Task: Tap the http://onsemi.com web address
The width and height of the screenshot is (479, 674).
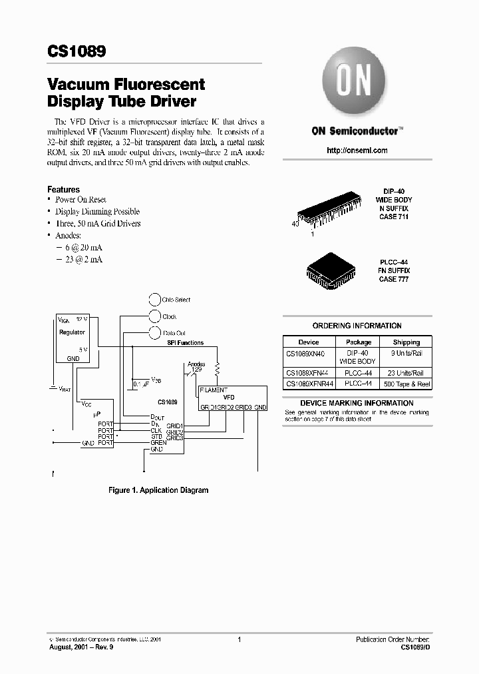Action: pyautogui.click(x=357, y=151)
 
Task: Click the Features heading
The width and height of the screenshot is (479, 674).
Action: pyautogui.click(x=63, y=189)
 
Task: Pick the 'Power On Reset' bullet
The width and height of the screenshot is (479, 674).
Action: pyautogui.click(x=80, y=200)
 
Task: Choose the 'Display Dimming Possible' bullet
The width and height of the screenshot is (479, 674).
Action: pyautogui.click(x=97, y=211)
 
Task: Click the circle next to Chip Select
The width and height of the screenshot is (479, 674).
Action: pyautogui.click(x=154, y=300)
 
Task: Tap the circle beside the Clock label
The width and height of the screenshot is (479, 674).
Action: pyautogui.click(x=154, y=317)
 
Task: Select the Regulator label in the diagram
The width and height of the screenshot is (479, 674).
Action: pyautogui.click(x=72, y=332)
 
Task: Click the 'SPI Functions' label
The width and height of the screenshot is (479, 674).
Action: pyautogui.click(x=185, y=343)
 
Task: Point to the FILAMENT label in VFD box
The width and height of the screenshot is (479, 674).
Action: pyautogui.click(x=214, y=390)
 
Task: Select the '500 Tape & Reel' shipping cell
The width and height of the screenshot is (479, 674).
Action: pyautogui.click(x=406, y=384)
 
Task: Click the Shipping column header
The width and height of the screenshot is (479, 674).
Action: pyautogui.click(x=406, y=342)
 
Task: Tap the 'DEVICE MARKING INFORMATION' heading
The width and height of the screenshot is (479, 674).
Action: pyautogui.click(x=357, y=403)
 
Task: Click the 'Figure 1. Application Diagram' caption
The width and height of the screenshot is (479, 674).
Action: pyautogui.click(x=158, y=490)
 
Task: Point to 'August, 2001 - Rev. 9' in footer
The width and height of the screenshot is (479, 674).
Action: pyautogui.click(x=80, y=647)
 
